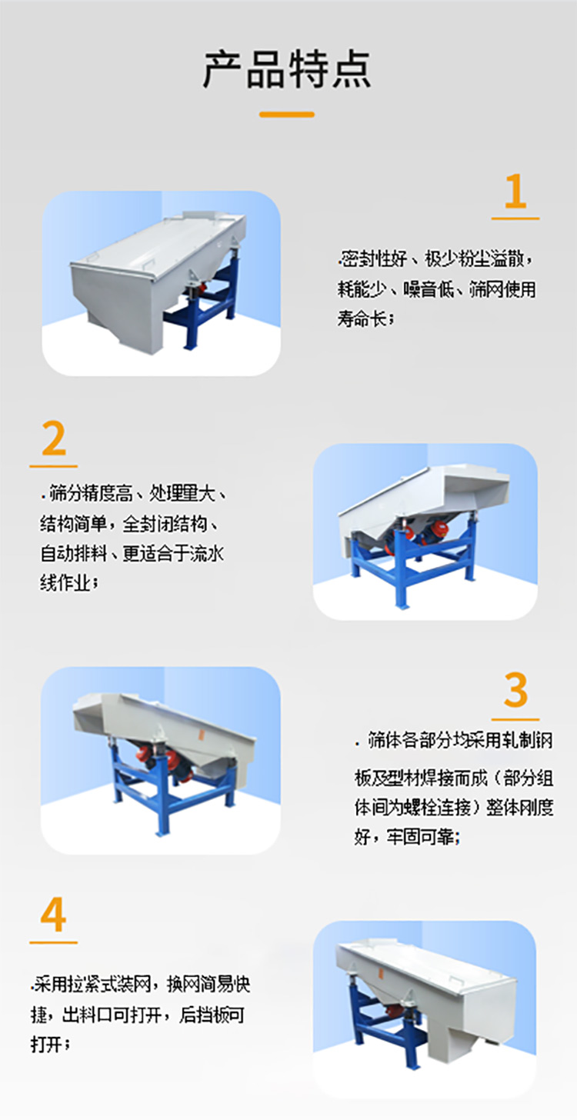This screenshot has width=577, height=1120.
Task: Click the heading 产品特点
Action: coord(287,69)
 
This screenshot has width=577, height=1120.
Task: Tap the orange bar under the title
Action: coord(287,115)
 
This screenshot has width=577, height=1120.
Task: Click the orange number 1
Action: coord(515,192)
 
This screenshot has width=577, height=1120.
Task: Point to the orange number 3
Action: coord(515,690)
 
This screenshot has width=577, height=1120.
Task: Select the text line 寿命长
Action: coord(365,318)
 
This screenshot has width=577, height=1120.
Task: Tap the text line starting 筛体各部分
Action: coord(454,741)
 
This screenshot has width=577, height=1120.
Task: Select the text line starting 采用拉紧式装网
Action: coord(142,984)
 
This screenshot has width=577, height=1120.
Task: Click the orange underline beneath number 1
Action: coord(515,218)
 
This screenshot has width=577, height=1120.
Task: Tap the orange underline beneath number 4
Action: coord(53,942)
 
